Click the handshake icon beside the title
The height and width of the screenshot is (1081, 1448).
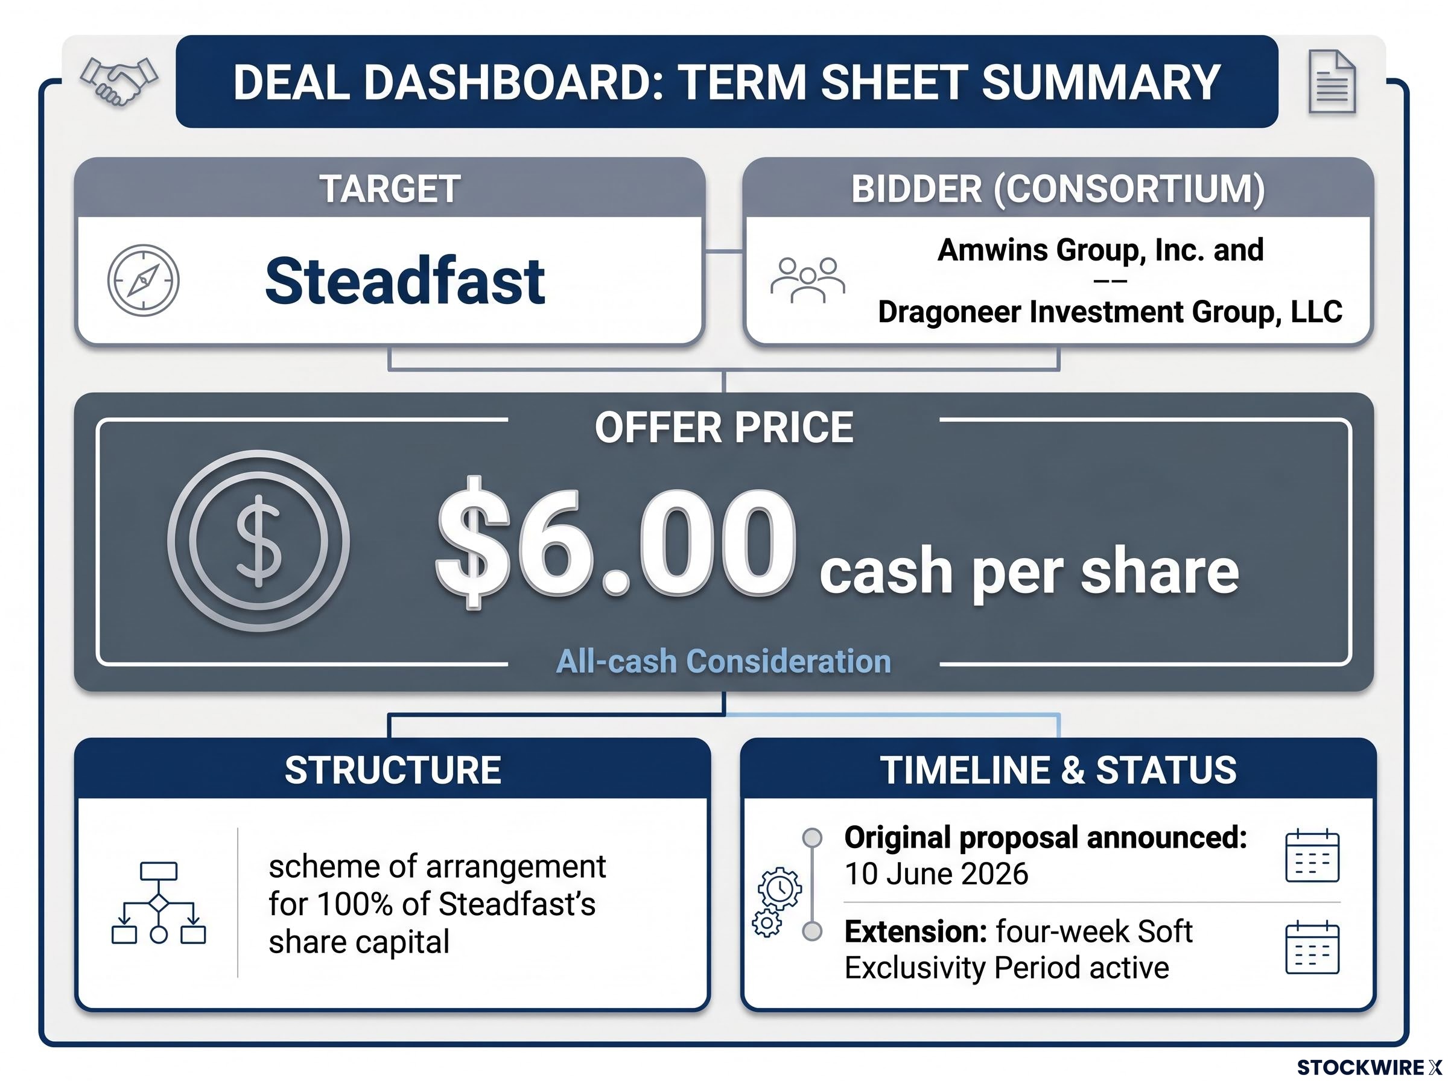(x=118, y=82)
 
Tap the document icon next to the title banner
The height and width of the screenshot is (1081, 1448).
(x=1332, y=82)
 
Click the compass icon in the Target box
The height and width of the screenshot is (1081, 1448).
(x=144, y=280)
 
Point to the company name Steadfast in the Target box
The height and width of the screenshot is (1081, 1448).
(x=405, y=281)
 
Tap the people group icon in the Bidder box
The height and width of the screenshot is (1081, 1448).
(x=807, y=280)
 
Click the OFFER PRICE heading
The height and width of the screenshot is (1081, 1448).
(x=723, y=427)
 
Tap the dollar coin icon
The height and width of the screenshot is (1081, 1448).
(x=258, y=540)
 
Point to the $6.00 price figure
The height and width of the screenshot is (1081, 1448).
(x=616, y=542)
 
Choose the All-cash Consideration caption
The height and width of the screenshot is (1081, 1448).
(x=723, y=661)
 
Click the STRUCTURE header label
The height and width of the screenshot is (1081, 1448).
(x=393, y=770)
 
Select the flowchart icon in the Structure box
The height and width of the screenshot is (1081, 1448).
(x=158, y=903)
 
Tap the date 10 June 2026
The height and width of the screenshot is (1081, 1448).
(x=936, y=874)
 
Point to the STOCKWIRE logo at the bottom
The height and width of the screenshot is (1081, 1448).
(x=1369, y=1067)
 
